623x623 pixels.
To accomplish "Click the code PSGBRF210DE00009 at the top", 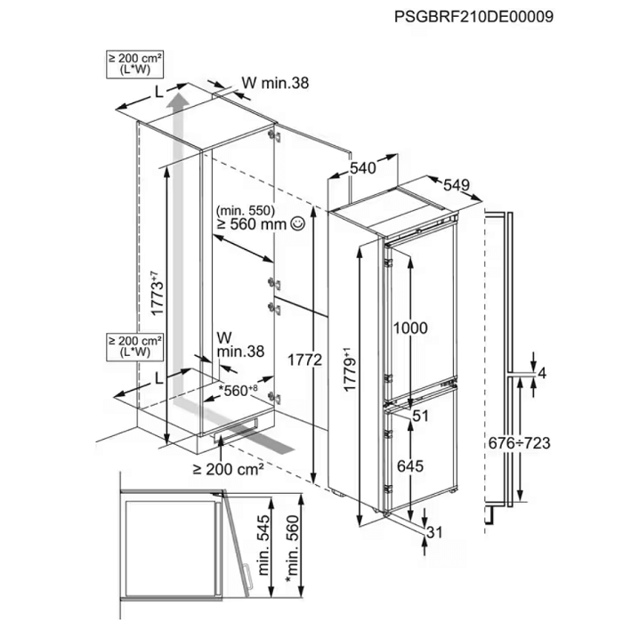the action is coord(473,17).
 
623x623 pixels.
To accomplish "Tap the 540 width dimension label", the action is coord(362,168).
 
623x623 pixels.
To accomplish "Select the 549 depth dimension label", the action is coord(457,185).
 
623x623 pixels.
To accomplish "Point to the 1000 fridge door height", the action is coord(410,328).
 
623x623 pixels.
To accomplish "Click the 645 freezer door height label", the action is coord(410,465).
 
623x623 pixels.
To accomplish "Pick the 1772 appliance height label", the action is coord(304,360).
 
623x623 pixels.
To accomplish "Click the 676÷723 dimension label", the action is coord(519,442).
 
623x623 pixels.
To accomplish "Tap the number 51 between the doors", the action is coord(420,416).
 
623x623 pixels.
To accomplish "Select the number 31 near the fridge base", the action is coord(434,532).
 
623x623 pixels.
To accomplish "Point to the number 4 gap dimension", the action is coord(542,374).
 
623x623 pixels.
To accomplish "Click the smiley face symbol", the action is coord(297,223).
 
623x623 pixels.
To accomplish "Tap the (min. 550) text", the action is coord(246,210).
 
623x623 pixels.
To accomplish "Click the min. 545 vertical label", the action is coord(264,545).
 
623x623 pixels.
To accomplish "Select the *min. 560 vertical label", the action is coord(293,549).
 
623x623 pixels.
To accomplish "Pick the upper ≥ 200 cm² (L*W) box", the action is coord(135,64).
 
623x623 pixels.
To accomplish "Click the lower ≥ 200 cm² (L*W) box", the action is coord(135,347).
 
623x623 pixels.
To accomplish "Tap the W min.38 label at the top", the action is coord(275,83).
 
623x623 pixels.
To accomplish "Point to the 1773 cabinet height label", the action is coord(158,293).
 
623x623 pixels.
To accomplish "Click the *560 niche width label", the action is coord(239,390).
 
